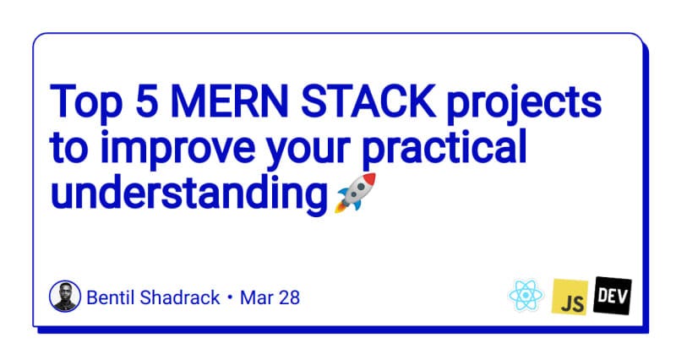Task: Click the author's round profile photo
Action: click(66, 297)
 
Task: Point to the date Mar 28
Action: click(270, 297)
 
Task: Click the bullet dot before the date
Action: click(230, 298)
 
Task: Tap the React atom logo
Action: click(524, 297)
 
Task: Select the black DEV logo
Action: click(613, 294)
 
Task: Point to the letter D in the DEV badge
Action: click(602, 295)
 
